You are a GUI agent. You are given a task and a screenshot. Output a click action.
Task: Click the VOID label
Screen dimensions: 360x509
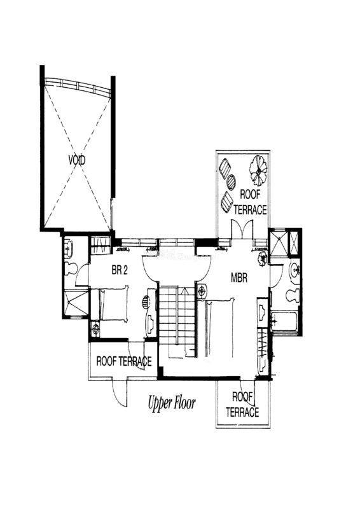77,160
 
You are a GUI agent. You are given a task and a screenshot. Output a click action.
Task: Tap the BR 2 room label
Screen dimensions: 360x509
120,270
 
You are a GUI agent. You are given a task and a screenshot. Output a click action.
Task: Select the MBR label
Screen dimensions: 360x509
239,277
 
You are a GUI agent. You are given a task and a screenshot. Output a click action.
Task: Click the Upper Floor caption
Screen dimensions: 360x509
172,403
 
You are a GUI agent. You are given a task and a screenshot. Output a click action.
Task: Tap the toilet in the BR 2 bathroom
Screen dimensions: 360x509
71,268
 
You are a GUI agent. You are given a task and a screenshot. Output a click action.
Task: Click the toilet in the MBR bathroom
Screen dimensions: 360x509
293,295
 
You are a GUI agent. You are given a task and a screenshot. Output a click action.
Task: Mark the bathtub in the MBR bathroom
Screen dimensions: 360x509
284,321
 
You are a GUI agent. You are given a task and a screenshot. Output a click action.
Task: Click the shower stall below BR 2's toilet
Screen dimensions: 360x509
76,303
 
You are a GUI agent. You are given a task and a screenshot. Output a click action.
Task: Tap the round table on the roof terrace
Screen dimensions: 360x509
231,182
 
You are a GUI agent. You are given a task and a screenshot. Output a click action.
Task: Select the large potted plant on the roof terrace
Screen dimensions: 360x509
258,169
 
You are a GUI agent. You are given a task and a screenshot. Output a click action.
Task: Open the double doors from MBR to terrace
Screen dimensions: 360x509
242,230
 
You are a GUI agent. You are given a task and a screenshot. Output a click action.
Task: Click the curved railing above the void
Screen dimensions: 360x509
77,85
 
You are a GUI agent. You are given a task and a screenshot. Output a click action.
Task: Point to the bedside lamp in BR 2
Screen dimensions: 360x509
95,328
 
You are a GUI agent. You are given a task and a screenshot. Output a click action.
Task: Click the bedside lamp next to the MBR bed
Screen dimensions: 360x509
202,291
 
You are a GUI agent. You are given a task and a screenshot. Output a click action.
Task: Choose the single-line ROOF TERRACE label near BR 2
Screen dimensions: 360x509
124,361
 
